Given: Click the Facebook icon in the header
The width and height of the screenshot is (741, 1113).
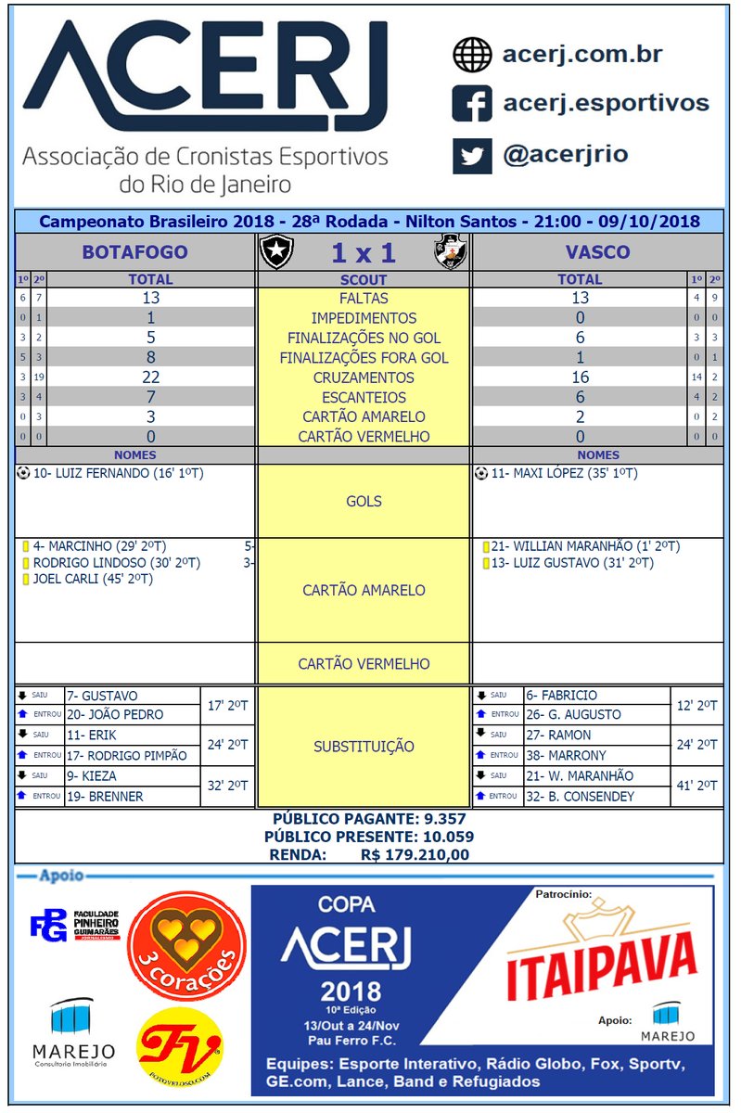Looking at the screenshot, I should click(472, 103).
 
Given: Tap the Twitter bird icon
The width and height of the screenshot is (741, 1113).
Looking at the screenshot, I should click(472, 154).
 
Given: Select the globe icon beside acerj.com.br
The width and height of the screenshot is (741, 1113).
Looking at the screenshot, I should click(472, 55).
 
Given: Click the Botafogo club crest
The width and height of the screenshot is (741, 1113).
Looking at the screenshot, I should click(275, 252).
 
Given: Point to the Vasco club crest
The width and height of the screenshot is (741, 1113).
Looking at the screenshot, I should click(452, 252).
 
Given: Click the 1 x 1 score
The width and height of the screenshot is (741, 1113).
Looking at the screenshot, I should click(363, 253).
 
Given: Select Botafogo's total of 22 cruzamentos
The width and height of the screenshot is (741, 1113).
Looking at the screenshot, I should click(150, 377).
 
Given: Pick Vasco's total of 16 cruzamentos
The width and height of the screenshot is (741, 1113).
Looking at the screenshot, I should click(580, 377).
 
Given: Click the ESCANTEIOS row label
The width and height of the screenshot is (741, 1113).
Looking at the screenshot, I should click(364, 397).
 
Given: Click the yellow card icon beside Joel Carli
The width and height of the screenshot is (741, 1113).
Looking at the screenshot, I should click(25, 580).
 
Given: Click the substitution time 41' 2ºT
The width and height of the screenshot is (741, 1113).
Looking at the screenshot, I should click(696, 786).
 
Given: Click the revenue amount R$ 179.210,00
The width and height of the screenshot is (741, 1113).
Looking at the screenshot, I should click(414, 854).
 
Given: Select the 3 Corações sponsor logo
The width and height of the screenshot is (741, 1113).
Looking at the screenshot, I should click(186, 945).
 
